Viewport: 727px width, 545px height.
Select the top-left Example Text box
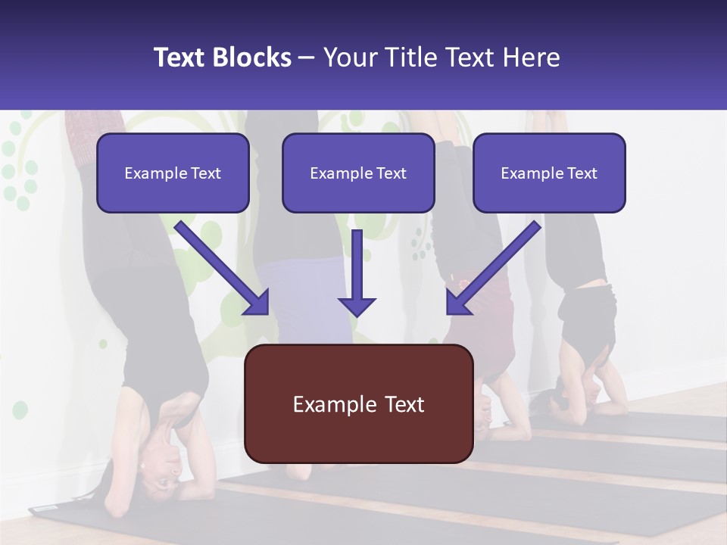[173, 173]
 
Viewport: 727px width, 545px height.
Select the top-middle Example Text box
[358, 173]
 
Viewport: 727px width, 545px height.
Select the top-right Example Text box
[549, 173]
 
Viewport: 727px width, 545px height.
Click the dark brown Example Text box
[358, 403]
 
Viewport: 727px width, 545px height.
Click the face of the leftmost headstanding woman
[163, 454]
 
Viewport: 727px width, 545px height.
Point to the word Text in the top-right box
[581, 173]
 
